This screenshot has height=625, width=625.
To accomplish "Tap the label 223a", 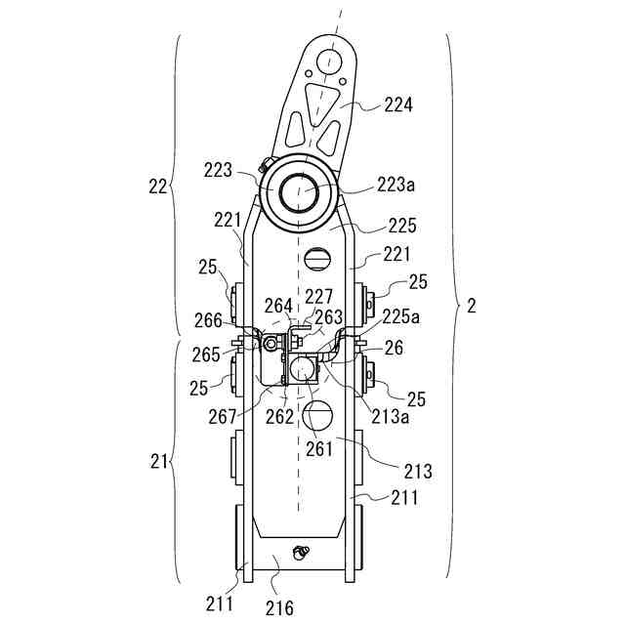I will click(x=396, y=184).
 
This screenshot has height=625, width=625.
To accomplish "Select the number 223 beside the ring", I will click(x=219, y=169).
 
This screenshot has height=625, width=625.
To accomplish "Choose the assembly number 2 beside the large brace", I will click(x=472, y=306).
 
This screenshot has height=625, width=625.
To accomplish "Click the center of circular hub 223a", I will click(x=301, y=191).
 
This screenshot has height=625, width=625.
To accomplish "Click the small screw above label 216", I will click(x=302, y=553).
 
